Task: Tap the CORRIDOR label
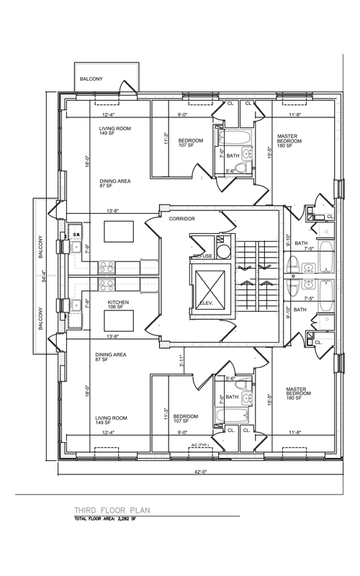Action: click(x=182, y=218)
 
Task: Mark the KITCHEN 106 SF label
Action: click(x=118, y=305)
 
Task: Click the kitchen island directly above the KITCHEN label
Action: click(x=117, y=233)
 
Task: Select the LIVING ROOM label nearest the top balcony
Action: click(x=114, y=130)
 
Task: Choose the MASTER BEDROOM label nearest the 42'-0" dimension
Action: click(x=291, y=392)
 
